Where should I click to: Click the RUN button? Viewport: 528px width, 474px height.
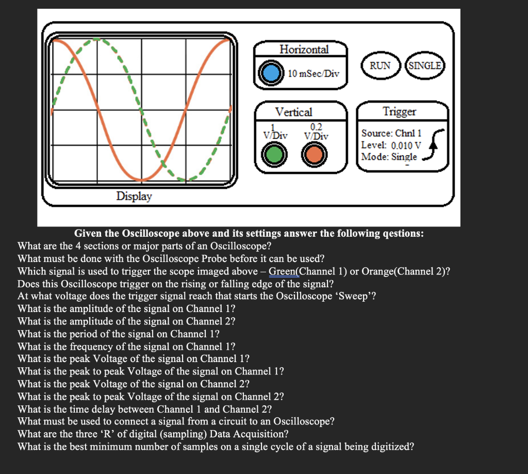coord(380,66)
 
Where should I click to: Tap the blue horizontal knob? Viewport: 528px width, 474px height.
coord(270,73)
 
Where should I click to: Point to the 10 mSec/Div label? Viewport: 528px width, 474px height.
coord(313,73)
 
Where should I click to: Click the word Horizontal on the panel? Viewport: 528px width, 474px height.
coord(304,50)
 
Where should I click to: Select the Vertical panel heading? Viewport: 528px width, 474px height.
coord(293,112)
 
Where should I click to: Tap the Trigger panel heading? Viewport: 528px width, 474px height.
coord(399,111)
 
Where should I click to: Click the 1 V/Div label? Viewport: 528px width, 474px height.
coord(275,132)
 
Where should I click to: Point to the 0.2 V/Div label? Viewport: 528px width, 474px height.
coord(316,132)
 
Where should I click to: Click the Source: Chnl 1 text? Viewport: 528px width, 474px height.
coord(391,133)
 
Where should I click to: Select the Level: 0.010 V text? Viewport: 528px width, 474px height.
coord(391,145)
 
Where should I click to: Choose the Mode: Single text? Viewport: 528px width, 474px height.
coord(389,156)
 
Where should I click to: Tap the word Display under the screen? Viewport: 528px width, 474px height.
coord(134,196)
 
